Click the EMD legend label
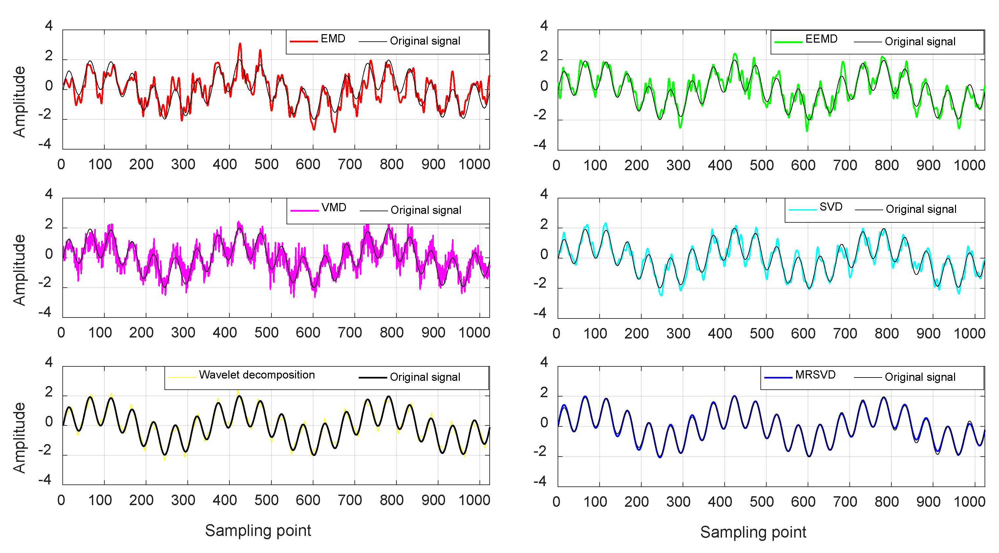click(332, 39)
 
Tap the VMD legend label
click(333, 208)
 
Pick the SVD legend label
click(830, 207)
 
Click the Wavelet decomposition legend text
click(256, 375)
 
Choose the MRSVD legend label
click(815, 375)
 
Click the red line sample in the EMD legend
click(303, 41)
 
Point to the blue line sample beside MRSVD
click(777, 377)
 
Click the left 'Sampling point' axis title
click(258, 530)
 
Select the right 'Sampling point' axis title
click(753, 532)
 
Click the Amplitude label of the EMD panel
click(19, 102)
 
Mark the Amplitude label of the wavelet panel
click(19, 438)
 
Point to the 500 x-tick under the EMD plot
click(266, 164)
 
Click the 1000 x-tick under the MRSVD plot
click(969, 502)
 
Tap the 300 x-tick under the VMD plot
click(183, 333)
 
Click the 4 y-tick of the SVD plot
click(544, 194)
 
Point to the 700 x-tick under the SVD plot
click(845, 334)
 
